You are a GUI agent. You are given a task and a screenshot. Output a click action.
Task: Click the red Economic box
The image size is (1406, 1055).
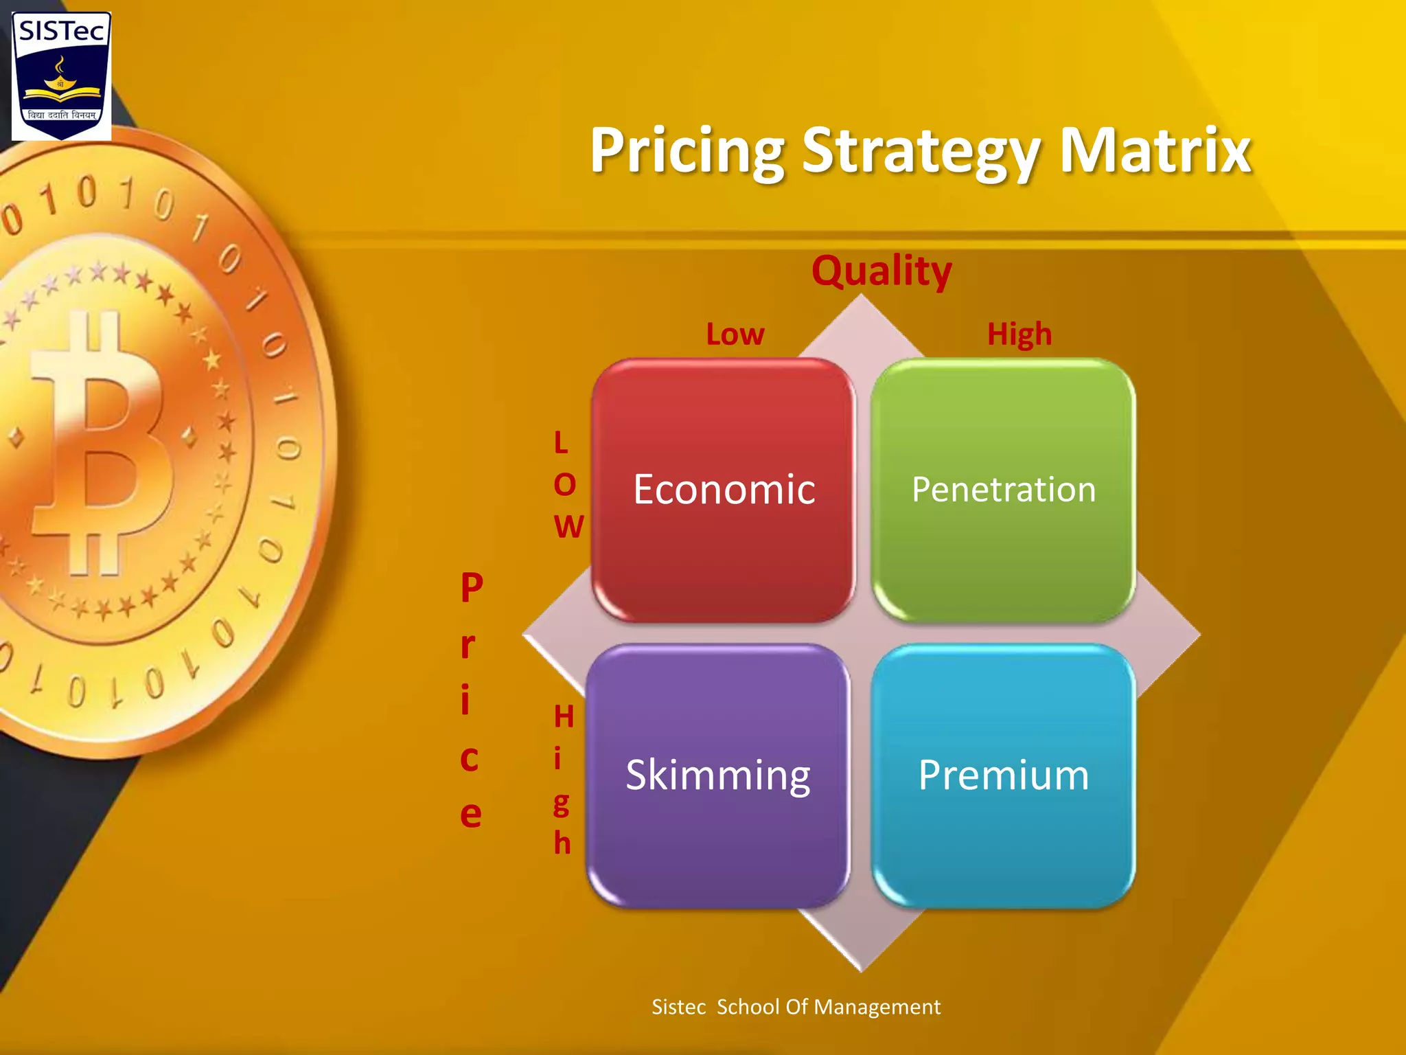pos(724,490)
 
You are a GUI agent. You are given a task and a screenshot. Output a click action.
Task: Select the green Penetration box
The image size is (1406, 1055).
pos(1003,490)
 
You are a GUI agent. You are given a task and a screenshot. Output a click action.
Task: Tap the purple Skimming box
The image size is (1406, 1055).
pos(718,775)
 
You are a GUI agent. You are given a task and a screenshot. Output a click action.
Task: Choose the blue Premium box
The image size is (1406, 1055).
pos(1003,775)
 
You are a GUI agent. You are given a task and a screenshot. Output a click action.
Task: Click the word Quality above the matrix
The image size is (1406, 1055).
pos(881,271)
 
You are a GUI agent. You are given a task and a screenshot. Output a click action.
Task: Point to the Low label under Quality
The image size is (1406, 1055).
pos(735,334)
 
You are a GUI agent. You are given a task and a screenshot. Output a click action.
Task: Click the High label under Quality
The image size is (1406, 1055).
pos(1019,334)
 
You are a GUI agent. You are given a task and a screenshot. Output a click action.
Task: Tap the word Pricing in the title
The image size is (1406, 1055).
pos(687,151)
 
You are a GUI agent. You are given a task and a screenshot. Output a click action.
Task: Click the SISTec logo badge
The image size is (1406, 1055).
pos(61,76)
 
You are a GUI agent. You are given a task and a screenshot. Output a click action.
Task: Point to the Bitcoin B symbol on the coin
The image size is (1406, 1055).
pos(103,443)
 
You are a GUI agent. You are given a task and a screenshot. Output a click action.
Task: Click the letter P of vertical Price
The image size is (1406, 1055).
pos(472,587)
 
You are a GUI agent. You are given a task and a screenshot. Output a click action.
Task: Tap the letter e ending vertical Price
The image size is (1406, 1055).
pos(470,815)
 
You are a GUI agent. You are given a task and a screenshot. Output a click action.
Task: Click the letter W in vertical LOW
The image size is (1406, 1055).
pos(568,527)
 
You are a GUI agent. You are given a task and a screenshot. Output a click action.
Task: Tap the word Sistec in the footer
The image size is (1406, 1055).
pos(678,1007)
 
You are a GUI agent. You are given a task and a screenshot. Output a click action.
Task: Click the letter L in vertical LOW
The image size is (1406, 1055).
pos(561,443)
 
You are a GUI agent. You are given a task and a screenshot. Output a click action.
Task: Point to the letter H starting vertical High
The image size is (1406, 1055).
pos(564,717)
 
